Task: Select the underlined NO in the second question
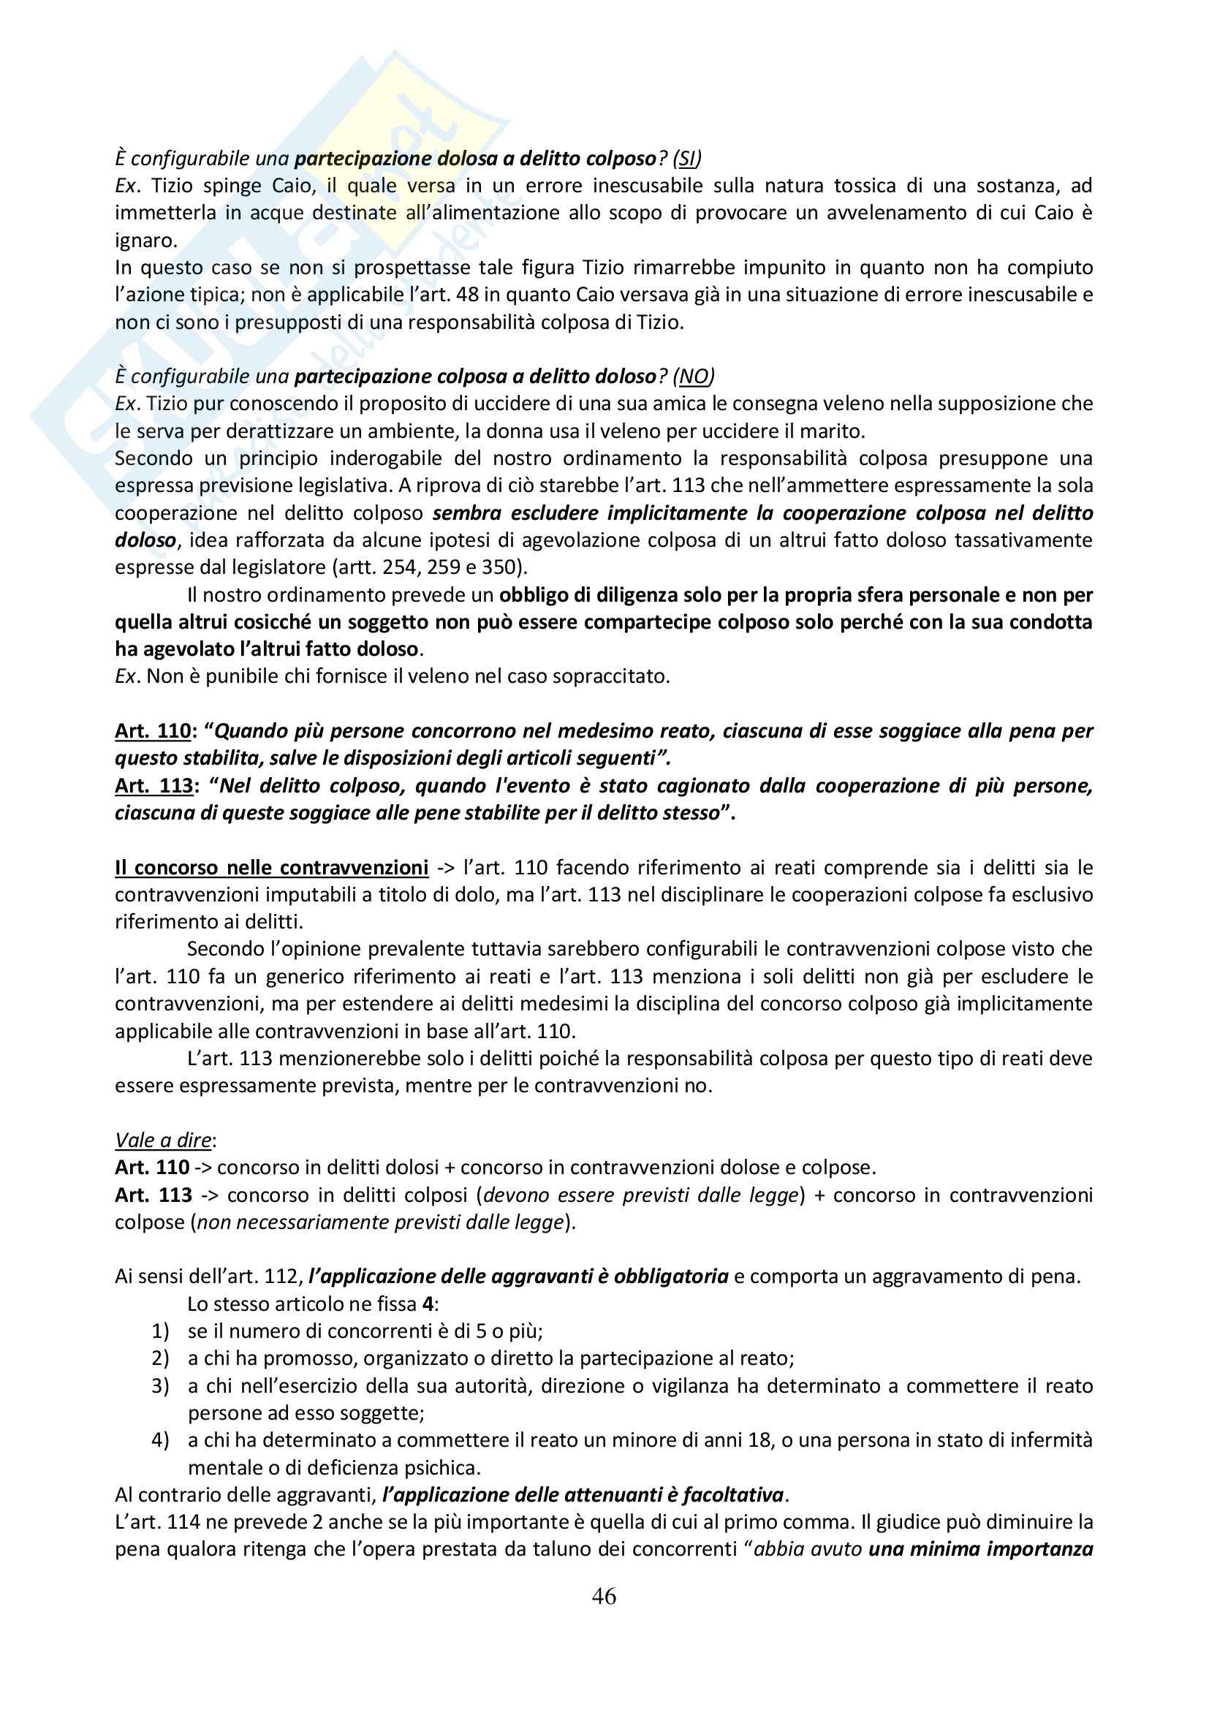(x=693, y=376)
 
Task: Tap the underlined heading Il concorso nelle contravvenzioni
(x=271, y=868)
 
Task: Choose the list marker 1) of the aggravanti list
(x=161, y=1331)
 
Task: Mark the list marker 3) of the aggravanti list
(x=161, y=1386)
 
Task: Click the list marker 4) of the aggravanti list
(x=161, y=1440)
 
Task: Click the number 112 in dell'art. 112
(x=283, y=1276)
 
